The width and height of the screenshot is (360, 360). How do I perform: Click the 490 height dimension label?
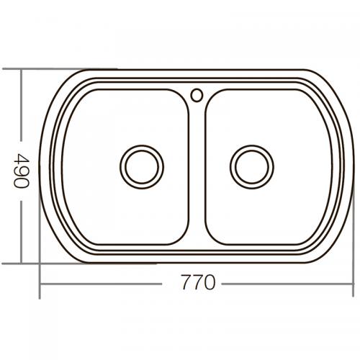(21, 171)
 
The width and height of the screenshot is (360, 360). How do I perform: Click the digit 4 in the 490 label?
(21, 158)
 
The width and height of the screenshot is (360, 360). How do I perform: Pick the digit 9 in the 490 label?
(21, 171)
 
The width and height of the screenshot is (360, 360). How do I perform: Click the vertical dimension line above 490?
(21, 108)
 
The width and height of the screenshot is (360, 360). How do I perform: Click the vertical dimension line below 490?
(21, 230)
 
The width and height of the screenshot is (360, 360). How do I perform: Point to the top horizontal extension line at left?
(43, 70)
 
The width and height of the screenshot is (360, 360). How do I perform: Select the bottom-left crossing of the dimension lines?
(40, 283)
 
